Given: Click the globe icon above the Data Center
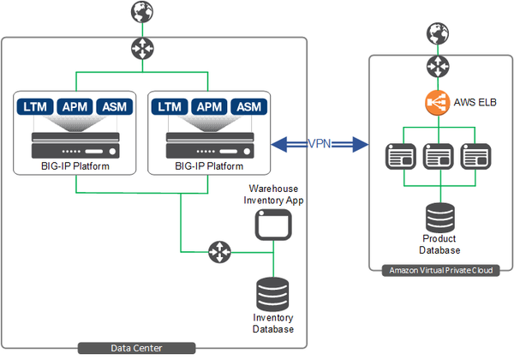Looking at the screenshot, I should (x=140, y=12).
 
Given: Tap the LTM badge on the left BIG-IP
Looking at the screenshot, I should (x=35, y=107).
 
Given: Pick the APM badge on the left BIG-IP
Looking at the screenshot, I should (x=76, y=107).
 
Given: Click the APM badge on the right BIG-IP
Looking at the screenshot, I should (x=209, y=107).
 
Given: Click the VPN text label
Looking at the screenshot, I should (x=320, y=143).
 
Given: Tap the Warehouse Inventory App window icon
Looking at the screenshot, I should (x=272, y=225).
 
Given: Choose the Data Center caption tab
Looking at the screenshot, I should (x=136, y=347).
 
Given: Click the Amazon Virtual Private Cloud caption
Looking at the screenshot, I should (x=440, y=271).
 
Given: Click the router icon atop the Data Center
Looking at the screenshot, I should (x=140, y=47).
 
